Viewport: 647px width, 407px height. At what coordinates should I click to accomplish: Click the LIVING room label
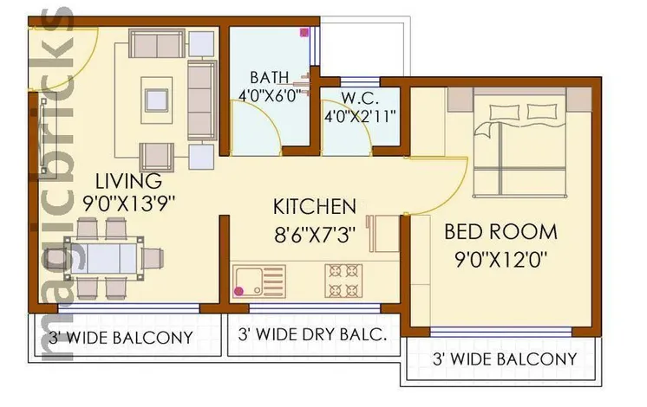pyautogui.click(x=128, y=181)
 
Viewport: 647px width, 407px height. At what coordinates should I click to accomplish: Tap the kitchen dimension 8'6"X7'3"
pyautogui.click(x=315, y=235)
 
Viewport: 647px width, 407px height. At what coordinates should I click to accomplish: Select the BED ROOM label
pyautogui.click(x=500, y=231)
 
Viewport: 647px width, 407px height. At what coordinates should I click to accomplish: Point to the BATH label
pyautogui.click(x=269, y=77)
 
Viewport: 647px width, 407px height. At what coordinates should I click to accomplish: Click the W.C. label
pyautogui.click(x=360, y=99)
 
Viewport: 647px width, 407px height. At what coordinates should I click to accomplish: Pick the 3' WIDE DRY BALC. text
pyautogui.click(x=312, y=334)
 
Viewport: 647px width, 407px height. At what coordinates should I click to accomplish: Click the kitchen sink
pyautogui.click(x=259, y=281)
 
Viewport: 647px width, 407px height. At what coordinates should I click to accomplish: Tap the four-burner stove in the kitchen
pyautogui.click(x=343, y=281)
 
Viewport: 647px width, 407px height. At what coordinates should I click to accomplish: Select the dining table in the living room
pyautogui.click(x=104, y=258)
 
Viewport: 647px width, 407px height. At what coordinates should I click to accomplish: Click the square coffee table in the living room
pyautogui.click(x=156, y=100)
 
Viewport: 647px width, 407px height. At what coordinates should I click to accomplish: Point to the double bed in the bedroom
pyautogui.click(x=520, y=142)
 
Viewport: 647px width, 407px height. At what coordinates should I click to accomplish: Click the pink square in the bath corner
pyautogui.click(x=304, y=32)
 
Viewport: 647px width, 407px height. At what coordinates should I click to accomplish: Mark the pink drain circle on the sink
pyautogui.click(x=239, y=291)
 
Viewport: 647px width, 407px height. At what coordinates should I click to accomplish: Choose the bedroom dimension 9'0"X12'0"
pyautogui.click(x=501, y=260)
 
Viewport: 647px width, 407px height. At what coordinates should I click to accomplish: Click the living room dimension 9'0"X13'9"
pyautogui.click(x=128, y=203)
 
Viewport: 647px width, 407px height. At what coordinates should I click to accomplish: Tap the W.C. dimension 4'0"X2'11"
pyautogui.click(x=360, y=117)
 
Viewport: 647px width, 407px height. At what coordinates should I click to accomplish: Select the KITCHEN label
pyautogui.click(x=315, y=207)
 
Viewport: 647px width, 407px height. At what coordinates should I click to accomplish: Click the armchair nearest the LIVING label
pyautogui.click(x=157, y=157)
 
